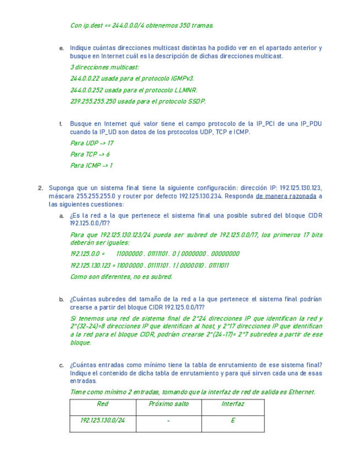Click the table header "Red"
pos(102,404)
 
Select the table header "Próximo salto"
pos(168,404)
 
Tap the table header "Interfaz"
pos(232,404)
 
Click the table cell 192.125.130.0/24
pos(102,421)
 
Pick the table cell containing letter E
pos(232,421)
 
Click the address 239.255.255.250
pos(93,102)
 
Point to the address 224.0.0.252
pos(86,90)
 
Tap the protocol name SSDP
pos(196,102)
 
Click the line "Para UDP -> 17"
pos(92,143)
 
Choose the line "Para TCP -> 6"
pos(90,154)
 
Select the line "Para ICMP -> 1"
pos(91,166)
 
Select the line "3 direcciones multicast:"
pos(105,68)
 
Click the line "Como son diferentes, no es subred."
pos(121,277)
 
